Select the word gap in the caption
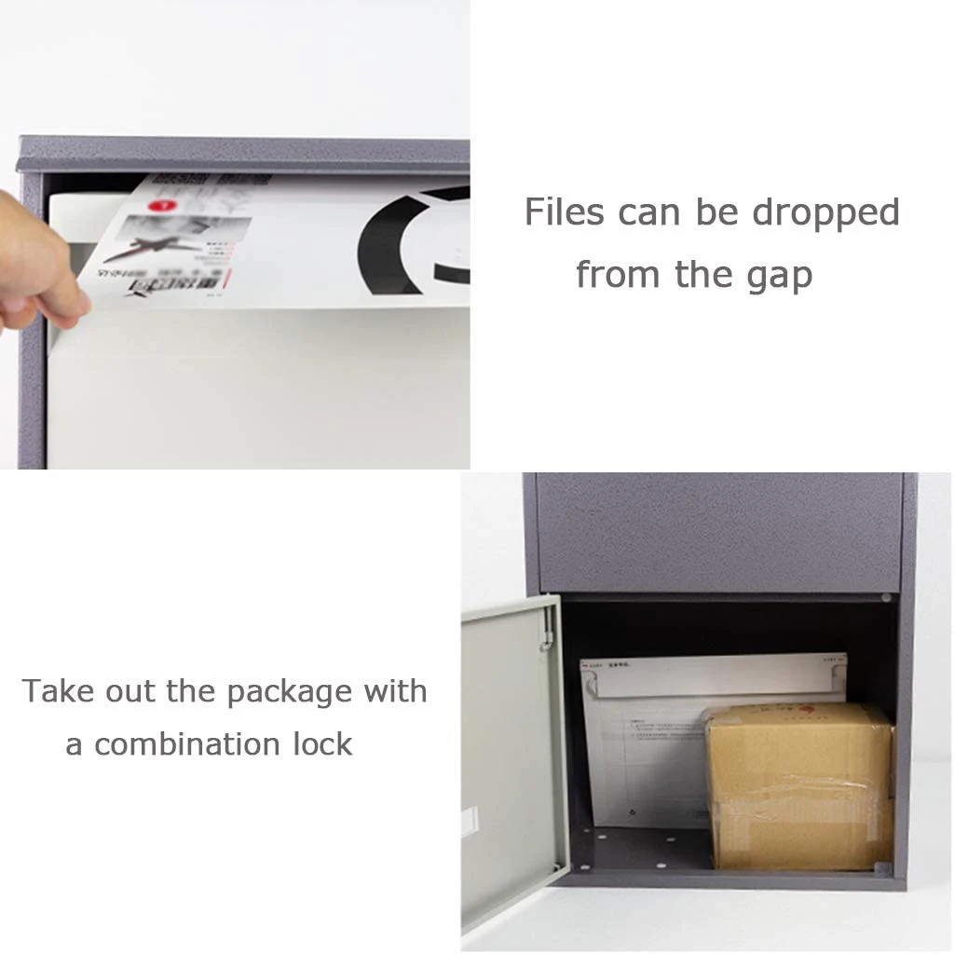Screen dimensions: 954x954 [780, 276]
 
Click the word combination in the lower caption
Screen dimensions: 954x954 [187, 745]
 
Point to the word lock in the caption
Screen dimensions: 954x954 [321, 744]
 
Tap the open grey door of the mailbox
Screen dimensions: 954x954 [512, 755]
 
